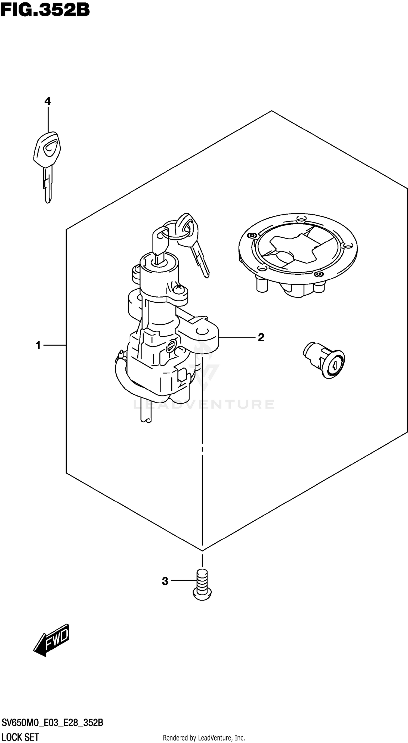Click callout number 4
point(48,101)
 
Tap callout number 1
point(38,345)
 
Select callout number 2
point(261,337)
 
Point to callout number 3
point(165,581)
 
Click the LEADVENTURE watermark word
point(204,404)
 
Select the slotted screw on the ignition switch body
point(171,346)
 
